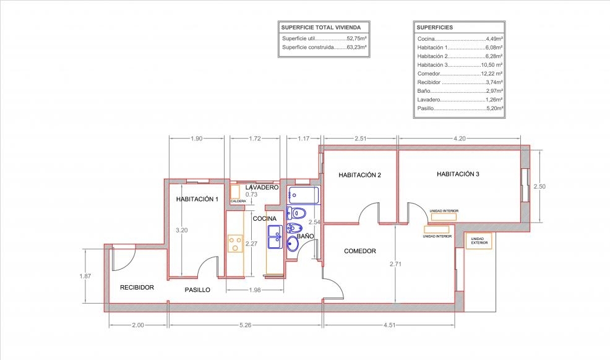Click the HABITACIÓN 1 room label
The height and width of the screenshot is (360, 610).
click(197, 199)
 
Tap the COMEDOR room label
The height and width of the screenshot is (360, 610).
click(360, 251)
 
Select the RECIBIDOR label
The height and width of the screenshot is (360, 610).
click(137, 287)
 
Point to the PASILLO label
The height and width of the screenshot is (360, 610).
click(197, 289)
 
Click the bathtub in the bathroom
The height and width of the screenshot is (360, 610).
click(303, 195)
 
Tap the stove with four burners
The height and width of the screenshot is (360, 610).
click(235, 243)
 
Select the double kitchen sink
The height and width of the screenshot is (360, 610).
click(275, 236)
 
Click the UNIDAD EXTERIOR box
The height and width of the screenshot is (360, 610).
click(478, 241)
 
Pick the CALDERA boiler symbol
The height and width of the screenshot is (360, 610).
click(234, 192)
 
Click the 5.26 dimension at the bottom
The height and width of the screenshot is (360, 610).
click(245, 325)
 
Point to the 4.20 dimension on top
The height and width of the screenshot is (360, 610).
click(460, 139)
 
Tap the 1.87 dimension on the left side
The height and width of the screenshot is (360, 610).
click(85, 276)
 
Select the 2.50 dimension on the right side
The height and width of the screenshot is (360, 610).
click(539, 186)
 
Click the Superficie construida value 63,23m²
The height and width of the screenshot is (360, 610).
click(357, 47)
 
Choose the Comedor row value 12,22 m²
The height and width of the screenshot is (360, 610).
click(492, 74)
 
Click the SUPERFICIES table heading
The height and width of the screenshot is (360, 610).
click(434, 28)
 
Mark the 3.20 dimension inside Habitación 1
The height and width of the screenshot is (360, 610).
click(182, 230)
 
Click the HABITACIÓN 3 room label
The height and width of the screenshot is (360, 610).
click(458, 174)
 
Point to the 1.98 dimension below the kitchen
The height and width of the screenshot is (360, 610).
click(255, 289)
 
